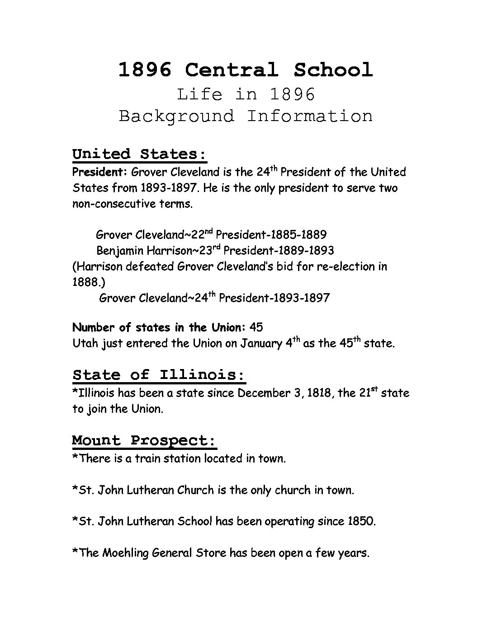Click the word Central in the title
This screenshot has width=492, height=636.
click(x=231, y=70)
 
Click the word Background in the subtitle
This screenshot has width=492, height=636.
click(x=177, y=117)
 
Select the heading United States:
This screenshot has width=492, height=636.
click(x=139, y=154)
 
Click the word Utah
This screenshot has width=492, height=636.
click(x=85, y=343)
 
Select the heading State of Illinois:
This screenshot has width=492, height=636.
click(x=159, y=375)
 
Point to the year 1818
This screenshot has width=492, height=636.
click(x=318, y=393)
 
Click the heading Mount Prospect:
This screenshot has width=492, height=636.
click(x=144, y=440)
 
